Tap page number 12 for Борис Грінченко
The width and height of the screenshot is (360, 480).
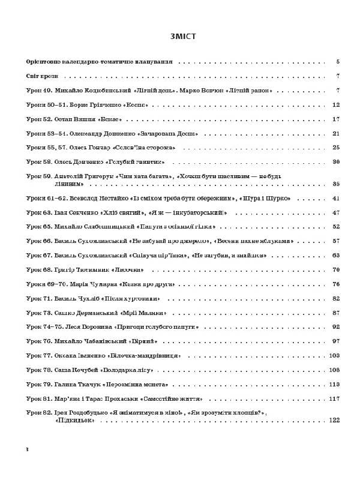coord(336,104)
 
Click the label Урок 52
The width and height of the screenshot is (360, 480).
coord(40,119)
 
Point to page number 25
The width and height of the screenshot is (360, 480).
coord(336,148)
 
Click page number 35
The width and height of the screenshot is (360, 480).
coord(336,184)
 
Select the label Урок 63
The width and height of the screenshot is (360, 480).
coord(40,212)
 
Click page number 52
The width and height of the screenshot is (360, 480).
coord(336,227)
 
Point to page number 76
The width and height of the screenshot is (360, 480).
coord(336,284)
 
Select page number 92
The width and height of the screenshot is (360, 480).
coord(336,328)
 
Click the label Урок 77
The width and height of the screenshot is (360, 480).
coord(40,356)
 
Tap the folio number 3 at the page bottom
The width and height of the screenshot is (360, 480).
coord(27,449)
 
